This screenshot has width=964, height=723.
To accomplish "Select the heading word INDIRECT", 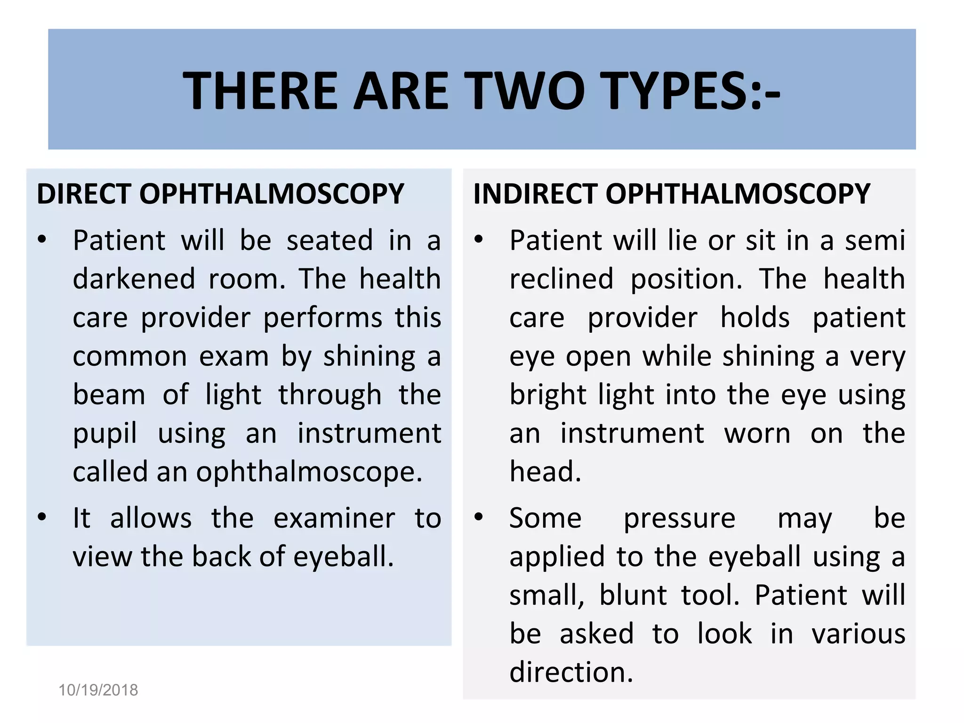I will pos(534,193).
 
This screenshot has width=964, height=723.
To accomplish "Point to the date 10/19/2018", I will pos(98,690).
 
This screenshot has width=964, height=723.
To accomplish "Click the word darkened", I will pos(134,279).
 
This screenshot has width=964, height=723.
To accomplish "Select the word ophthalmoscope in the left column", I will pos(309,472).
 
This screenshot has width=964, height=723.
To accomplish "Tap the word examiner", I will pos(334,519).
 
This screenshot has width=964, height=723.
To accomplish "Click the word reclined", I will pos(562,279).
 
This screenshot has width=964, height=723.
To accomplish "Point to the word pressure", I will pos(679,519).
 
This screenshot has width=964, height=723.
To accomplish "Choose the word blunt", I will pos(633,595).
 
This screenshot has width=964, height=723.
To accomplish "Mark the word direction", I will pos(571,672).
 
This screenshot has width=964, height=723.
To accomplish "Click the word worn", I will pos(757,433).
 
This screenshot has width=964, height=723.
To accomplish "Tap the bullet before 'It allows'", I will pos(42,517).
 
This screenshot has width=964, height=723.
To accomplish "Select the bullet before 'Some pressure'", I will pos(479,517).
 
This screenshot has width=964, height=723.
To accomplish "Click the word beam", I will pos(109,394).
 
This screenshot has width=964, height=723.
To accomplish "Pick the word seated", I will pos(329,241).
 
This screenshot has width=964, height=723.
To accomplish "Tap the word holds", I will pos(755,317).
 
